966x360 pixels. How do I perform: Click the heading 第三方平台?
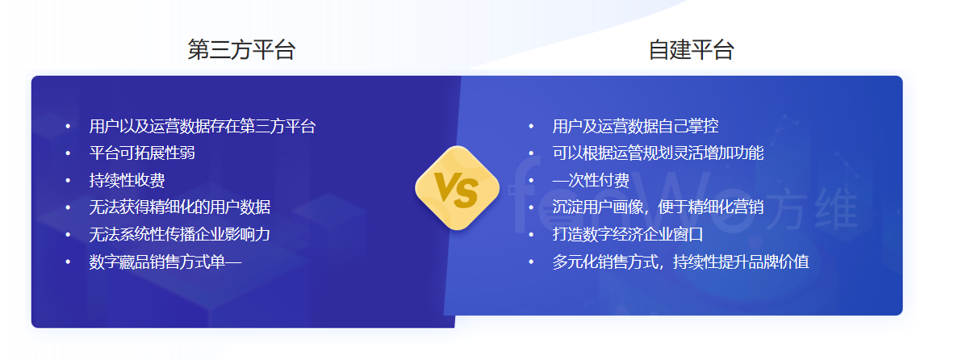241,50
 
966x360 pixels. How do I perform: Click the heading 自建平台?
692,50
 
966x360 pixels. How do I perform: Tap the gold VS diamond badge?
457,188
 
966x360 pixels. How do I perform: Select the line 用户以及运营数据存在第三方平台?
202,127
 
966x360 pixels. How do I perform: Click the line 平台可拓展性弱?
142,153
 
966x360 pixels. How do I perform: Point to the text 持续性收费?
127,180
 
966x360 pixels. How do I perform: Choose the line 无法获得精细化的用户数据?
179,207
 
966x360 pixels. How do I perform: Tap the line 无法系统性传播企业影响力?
179,234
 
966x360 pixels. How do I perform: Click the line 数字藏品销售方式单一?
165,262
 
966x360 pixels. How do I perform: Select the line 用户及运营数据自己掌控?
635,127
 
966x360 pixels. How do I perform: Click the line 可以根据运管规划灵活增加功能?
658,153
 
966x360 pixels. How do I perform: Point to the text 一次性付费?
590,180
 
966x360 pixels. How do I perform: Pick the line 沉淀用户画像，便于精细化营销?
658,207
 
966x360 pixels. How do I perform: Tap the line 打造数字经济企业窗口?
628,234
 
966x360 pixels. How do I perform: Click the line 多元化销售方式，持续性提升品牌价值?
680,262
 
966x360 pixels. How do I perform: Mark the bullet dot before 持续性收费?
68,180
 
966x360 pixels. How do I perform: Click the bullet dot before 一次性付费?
531,180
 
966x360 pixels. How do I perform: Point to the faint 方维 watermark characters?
815,210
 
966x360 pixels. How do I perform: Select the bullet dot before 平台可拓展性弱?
68,153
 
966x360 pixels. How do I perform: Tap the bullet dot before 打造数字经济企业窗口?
531,234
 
